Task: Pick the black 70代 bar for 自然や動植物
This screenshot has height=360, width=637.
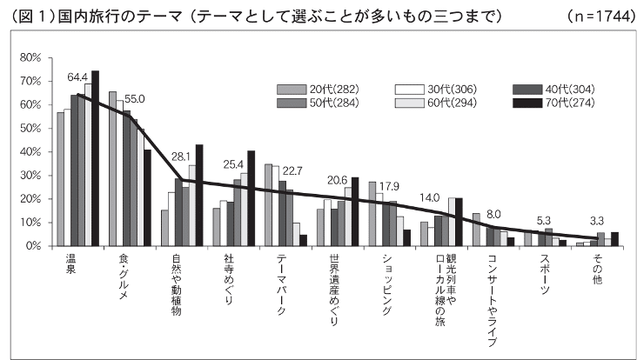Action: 199,195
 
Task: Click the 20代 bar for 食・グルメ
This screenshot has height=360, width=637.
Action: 112,169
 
